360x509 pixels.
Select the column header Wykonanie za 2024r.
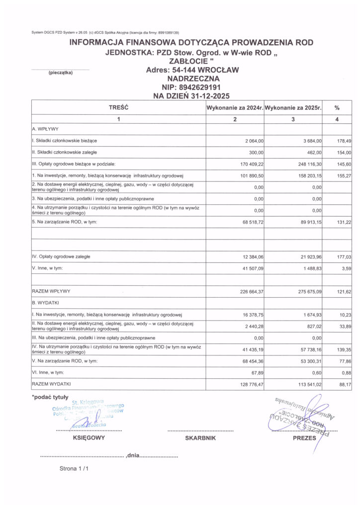click(234, 107)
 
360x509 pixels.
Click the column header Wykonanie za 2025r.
click(293, 107)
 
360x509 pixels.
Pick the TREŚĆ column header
click(118, 107)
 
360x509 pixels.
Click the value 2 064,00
click(253, 141)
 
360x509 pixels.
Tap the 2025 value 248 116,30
click(309, 164)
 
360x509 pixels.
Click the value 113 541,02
click(309, 384)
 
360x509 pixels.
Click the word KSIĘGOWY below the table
click(89, 438)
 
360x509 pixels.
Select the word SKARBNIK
click(200, 438)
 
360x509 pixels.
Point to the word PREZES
click(304, 438)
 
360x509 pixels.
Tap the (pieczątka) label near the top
click(60, 73)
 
